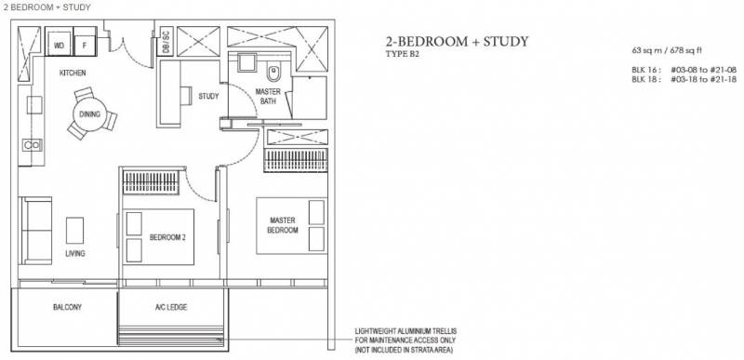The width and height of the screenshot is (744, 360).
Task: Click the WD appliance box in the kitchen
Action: [59, 45]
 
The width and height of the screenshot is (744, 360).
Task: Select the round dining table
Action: [89, 114]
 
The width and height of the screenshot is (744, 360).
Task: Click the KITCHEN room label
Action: [73, 73]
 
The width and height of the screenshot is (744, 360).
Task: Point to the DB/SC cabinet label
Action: [166, 41]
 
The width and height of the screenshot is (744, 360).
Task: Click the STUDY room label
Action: [208, 97]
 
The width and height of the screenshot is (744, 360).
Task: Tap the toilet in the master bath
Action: [273, 73]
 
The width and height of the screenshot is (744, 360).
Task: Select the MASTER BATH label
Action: [268, 97]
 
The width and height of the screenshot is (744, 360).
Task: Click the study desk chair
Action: [186, 95]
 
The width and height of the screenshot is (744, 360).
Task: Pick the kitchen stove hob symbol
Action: [32, 145]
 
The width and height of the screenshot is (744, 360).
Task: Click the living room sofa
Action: [36, 231]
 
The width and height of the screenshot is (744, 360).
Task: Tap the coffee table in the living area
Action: [75, 230]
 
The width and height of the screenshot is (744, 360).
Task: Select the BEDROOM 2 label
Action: [167, 237]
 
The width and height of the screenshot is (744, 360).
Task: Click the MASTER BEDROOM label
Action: [283, 225]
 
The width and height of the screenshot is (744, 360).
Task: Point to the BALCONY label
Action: [67, 307]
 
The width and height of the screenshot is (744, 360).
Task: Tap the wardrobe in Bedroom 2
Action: [151, 182]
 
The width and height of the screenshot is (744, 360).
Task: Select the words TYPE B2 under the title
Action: [403, 54]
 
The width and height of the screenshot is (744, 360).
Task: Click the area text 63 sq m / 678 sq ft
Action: [660, 50]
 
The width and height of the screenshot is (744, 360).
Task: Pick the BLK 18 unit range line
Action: [684, 80]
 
